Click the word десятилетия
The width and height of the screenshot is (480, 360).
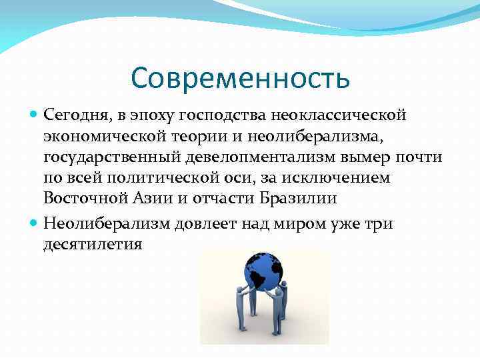[x=93, y=243]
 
